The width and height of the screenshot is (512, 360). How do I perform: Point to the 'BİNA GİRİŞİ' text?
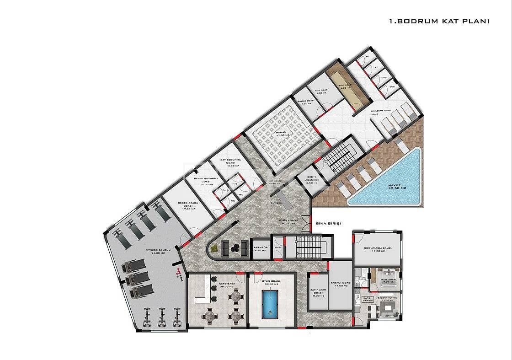tap(328, 224)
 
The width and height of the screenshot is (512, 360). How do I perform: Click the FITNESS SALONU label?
tap(158, 250)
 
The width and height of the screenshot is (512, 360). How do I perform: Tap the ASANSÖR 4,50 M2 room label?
tap(260, 250)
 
